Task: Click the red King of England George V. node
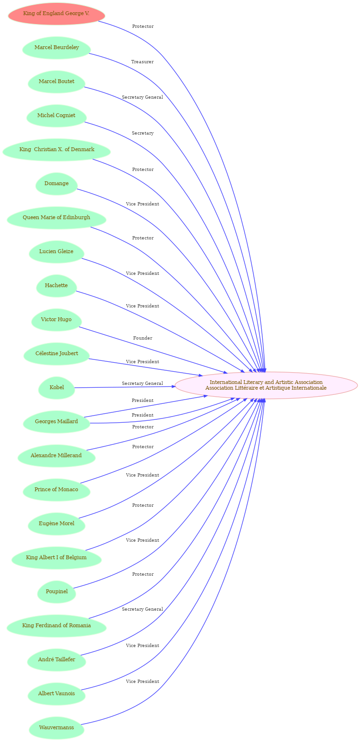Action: pyautogui.click(x=56, y=14)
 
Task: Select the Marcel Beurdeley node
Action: pyautogui.click(x=57, y=48)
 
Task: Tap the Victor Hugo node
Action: pyautogui.click(x=56, y=320)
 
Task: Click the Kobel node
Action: pyautogui.click(x=57, y=388)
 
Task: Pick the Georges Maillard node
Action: pyautogui.click(x=56, y=422)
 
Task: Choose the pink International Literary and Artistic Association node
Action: pyautogui.click(x=266, y=385)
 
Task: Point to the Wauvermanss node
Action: pyautogui.click(x=56, y=728)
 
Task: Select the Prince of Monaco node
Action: pyautogui.click(x=56, y=490)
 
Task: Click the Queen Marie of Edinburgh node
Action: pyautogui.click(x=56, y=218)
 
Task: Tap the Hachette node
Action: pyautogui.click(x=56, y=286)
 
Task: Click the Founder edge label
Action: pyautogui.click(x=143, y=338)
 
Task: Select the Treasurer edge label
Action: pyautogui.click(x=142, y=62)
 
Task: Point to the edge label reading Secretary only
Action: pyautogui.click(x=143, y=133)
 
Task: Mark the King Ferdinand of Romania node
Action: pyautogui.click(x=56, y=626)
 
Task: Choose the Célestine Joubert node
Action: pyautogui.click(x=57, y=354)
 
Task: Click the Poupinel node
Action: pyautogui.click(x=57, y=592)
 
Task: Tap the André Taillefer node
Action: pyautogui.click(x=57, y=660)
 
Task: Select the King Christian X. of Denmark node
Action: pyautogui.click(x=57, y=150)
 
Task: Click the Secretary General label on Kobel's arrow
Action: pyautogui.click(x=142, y=384)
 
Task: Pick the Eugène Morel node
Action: pyautogui.click(x=57, y=524)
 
